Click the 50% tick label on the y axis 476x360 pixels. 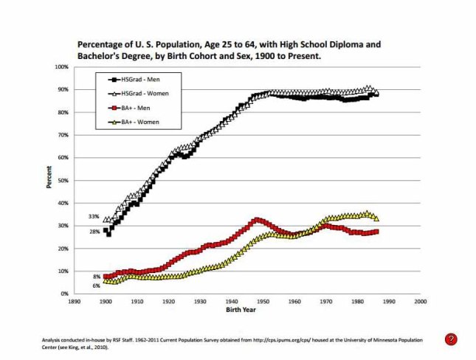[x=62, y=180]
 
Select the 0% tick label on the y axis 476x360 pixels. [x=63, y=294]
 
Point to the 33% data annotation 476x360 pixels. [x=94, y=216]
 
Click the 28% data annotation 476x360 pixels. [x=94, y=232]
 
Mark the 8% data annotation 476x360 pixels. [x=96, y=277]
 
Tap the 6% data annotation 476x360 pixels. [x=96, y=285]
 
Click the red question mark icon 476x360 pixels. [x=452, y=339]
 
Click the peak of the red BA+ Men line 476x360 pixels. [x=256, y=220]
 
